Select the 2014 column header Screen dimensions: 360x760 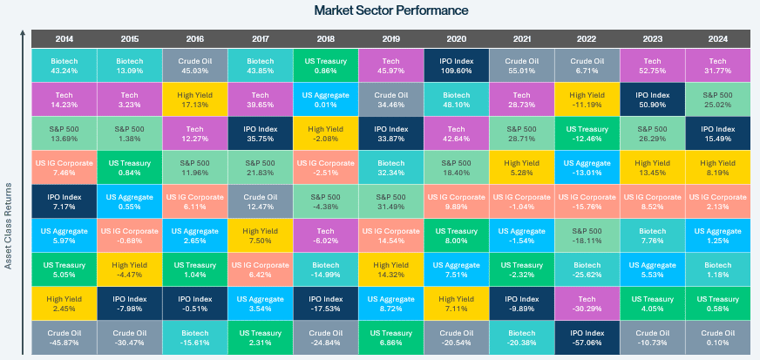(x=64, y=38)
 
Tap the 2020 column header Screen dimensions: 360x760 (x=457, y=38)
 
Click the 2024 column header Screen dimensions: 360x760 (x=718, y=38)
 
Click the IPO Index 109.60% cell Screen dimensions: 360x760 (x=457, y=65)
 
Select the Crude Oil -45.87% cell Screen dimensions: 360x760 (x=64, y=336)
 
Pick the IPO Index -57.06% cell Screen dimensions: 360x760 (x=587, y=336)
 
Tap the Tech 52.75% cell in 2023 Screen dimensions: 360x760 (x=653, y=65)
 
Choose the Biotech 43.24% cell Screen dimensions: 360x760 (x=64, y=65)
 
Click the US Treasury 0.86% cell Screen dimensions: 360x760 (x=325, y=65)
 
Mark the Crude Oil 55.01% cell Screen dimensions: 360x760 (x=522, y=65)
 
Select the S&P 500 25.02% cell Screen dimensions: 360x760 (x=718, y=98)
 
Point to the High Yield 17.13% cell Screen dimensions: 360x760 (x=194, y=98)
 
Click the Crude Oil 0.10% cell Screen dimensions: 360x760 (x=718, y=336)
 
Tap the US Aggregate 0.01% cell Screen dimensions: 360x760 (x=325, y=98)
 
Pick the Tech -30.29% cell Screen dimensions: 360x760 (x=587, y=302)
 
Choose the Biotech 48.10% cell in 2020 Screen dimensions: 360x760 (x=457, y=98)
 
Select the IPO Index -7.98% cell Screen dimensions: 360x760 (x=129, y=302)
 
